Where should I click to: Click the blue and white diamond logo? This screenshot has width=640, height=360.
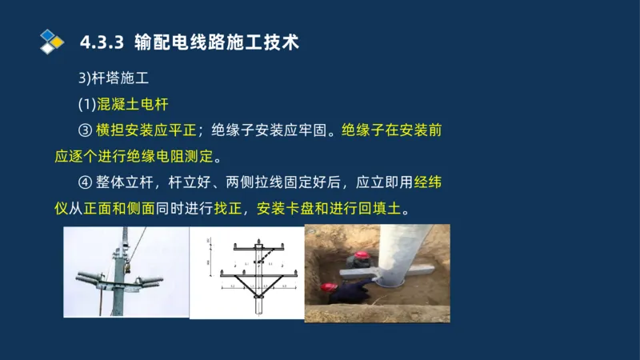(51, 41)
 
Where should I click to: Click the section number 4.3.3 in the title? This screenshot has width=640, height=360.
(102, 42)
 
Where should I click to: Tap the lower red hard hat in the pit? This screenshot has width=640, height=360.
(326, 286)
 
